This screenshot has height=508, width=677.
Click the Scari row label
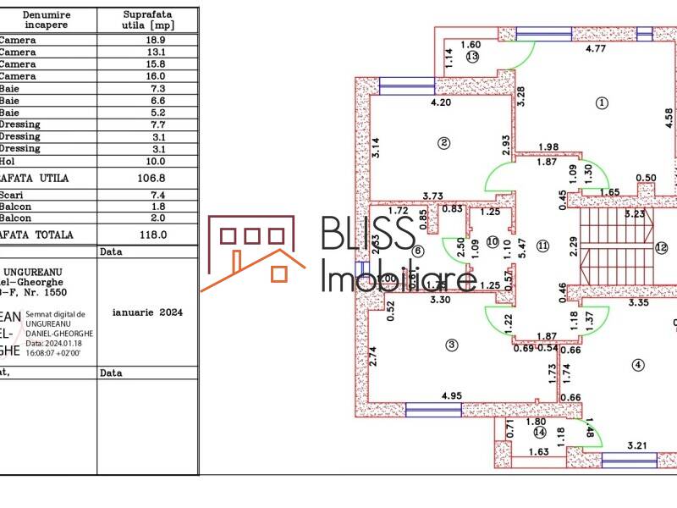(12, 195)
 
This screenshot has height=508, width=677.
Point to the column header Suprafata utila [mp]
(148, 20)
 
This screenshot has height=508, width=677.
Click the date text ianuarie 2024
(147, 312)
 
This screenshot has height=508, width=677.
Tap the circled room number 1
(602, 103)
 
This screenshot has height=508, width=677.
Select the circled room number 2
(443, 142)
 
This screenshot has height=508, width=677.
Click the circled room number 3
(452, 344)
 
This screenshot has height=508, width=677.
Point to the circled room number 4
(638, 365)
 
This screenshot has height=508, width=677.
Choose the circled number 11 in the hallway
(542, 246)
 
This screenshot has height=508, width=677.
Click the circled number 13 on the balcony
(471, 57)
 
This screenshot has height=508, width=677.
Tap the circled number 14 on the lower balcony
(540, 433)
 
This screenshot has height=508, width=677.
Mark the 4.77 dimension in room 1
(596, 49)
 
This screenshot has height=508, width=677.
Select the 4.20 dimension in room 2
(440, 103)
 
